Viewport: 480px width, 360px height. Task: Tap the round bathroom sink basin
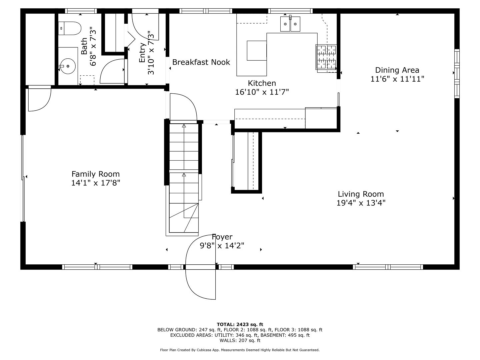coord(68,66)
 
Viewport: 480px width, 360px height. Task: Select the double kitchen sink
coord(290,24)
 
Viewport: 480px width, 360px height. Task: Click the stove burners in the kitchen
coord(326,57)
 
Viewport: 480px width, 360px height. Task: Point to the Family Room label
coord(95,174)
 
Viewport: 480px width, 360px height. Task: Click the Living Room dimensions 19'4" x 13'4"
coord(361,203)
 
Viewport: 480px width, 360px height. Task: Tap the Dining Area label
coord(397,70)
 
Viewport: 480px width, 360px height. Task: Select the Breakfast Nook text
coord(201,62)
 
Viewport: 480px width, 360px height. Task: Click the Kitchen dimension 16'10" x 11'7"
coord(262,92)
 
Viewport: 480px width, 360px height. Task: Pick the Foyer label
coord(222,237)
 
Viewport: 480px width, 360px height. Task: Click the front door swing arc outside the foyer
coord(198,283)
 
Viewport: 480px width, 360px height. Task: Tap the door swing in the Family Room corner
coord(39,99)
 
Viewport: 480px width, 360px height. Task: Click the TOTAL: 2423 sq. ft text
coord(240,324)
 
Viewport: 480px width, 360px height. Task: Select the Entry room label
coord(142,53)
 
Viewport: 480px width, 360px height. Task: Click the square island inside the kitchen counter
coord(256,51)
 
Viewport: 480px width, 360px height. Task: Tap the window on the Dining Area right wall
coord(456,73)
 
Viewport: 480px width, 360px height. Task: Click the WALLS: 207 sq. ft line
coord(240,340)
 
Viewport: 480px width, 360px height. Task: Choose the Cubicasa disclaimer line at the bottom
coord(240,350)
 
